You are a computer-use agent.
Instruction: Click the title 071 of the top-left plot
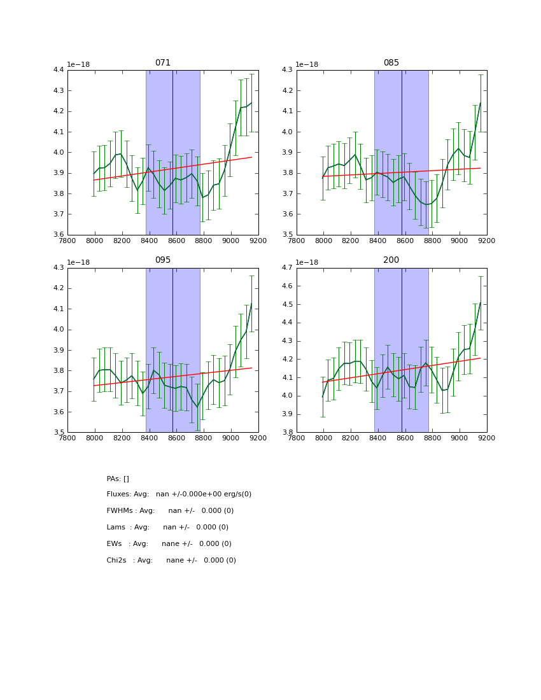(x=162, y=63)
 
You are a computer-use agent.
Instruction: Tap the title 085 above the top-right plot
(x=391, y=63)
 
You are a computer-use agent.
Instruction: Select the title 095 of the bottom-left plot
(x=162, y=260)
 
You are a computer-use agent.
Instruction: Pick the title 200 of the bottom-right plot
(x=391, y=260)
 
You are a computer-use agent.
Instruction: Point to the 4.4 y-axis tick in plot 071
(x=58, y=70)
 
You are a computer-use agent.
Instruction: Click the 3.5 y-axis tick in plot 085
(x=287, y=235)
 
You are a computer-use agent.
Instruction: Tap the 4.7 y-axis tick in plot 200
(x=287, y=268)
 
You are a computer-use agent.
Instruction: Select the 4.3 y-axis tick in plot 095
(x=58, y=268)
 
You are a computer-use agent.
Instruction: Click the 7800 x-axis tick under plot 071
(x=67, y=241)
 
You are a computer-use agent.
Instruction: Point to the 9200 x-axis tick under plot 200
(x=487, y=438)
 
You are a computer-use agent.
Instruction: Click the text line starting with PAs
(x=118, y=479)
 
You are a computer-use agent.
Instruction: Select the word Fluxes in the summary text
(x=118, y=494)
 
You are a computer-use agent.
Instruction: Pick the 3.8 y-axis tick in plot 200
(x=287, y=432)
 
